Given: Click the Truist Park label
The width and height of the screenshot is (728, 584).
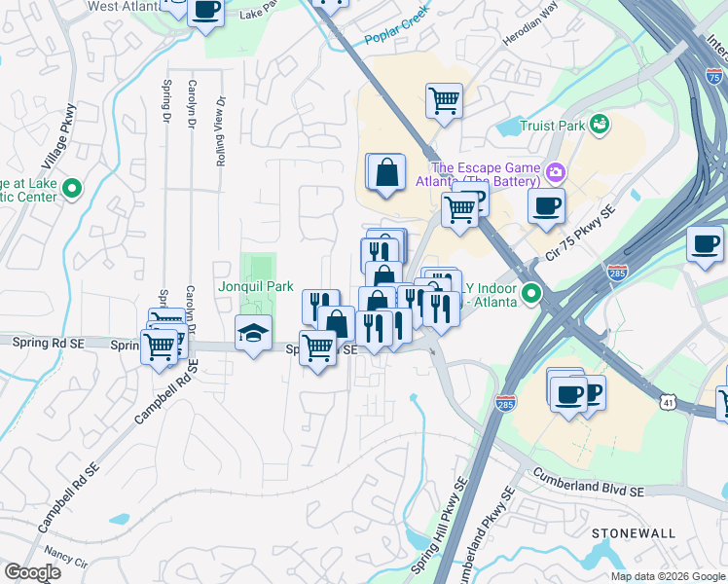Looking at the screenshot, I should [x=552, y=125].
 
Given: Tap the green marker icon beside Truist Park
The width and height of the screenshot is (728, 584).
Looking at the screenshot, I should [x=601, y=124].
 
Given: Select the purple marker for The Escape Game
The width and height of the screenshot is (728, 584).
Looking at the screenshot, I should [x=556, y=174].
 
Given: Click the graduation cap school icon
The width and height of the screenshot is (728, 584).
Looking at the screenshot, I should [x=253, y=334].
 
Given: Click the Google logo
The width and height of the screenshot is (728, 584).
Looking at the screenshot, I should [x=32, y=572].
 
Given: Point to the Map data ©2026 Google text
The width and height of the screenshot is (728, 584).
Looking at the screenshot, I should [x=668, y=576].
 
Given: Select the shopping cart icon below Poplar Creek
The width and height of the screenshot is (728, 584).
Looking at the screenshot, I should [x=444, y=98].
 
